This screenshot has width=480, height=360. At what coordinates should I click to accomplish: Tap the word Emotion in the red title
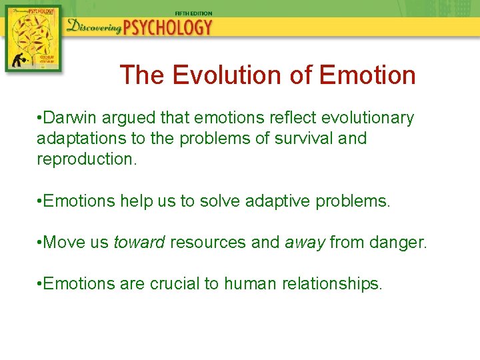pyautogui.click(x=367, y=75)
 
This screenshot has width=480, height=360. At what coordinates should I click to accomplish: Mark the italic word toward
pyautogui.click(x=139, y=242)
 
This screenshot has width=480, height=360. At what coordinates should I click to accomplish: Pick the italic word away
pyautogui.click(x=304, y=242)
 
